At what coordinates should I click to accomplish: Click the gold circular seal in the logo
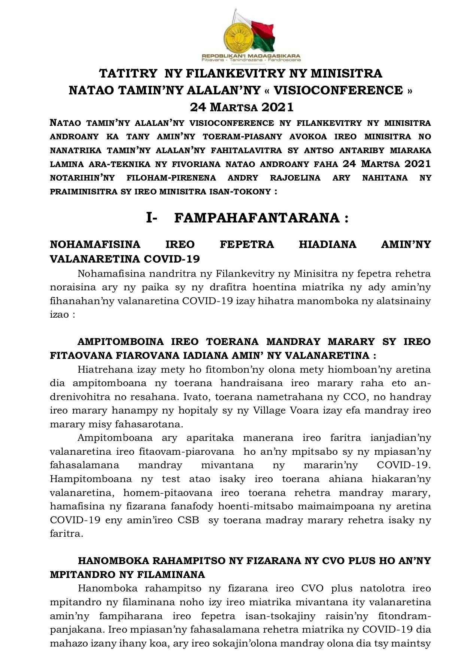pos(237,36)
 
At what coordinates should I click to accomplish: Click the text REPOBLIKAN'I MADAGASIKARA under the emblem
pos(251,56)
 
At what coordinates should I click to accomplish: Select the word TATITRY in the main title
pos(127,73)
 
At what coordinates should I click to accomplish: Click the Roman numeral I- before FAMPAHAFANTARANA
pos(151,218)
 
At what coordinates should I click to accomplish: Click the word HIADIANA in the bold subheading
pos(327,244)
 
